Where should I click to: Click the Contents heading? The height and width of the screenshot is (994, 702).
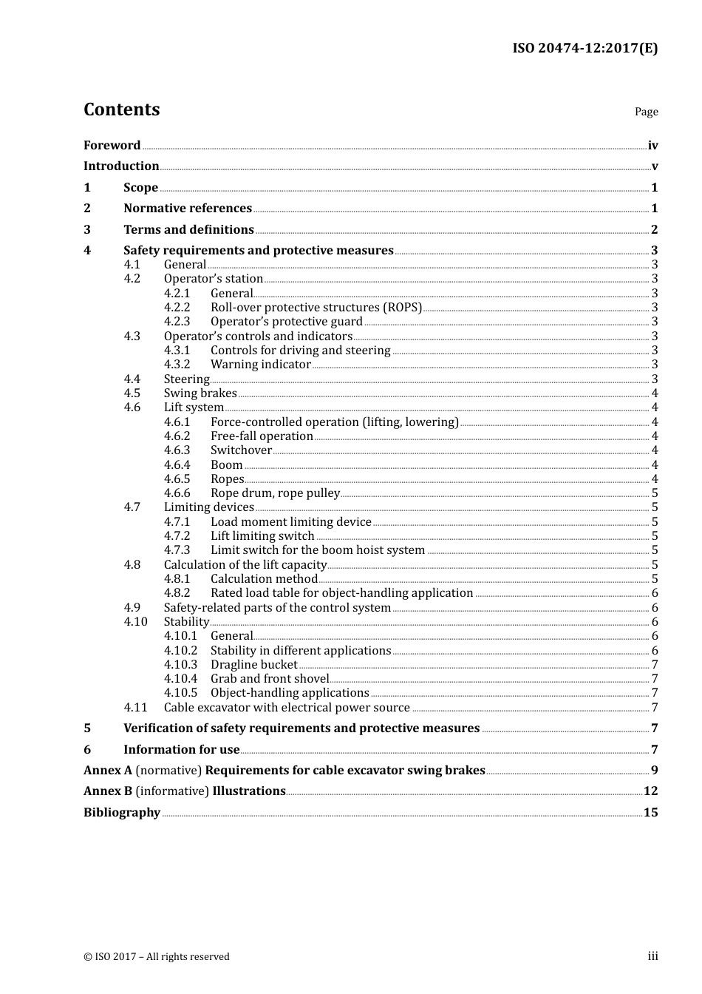coord(121,109)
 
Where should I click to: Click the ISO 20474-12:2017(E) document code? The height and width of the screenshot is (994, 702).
coord(585,48)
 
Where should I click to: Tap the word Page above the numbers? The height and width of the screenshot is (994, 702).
coord(646,112)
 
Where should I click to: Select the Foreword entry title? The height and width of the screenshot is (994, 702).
coord(112,146)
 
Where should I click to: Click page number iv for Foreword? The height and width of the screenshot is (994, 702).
coord(652,146)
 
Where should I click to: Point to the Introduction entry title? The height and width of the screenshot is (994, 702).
coord(121,166)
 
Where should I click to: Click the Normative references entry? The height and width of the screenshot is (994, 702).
coord(188,209)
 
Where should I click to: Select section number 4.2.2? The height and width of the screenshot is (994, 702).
coord(177,308)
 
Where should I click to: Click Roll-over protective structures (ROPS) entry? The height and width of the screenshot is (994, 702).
coord(316,308)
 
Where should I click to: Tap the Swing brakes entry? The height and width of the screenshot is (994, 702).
coord(200,393)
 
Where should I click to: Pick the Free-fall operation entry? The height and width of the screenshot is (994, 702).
coord(262,436)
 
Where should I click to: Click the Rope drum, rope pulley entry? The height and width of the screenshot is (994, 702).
coord(275,493)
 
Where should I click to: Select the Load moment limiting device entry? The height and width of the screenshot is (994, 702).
coord(290,522)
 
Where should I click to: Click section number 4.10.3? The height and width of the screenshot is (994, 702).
coord(180,665)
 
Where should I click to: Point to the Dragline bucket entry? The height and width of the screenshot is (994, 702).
coord(253,665)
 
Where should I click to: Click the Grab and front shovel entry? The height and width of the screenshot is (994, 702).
coord(270,679)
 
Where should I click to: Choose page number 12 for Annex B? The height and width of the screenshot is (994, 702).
coord(650,791)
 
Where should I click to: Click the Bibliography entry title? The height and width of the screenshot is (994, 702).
coord(122,813)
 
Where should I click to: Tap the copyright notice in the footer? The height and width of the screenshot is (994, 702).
coord(157,957)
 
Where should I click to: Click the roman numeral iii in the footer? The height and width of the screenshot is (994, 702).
coord(652,956)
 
